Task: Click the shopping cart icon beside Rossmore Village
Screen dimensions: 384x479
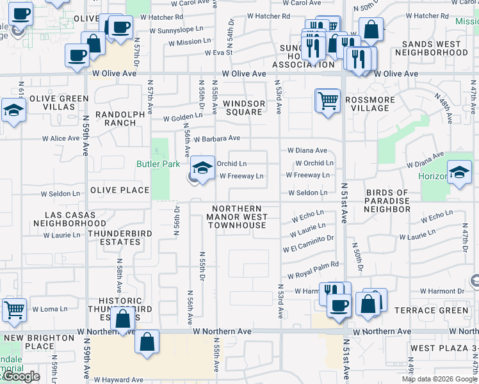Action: pos(327,100)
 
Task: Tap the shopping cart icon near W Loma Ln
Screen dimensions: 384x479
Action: pos(14,310)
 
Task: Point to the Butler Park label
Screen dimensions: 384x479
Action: pos(158,164)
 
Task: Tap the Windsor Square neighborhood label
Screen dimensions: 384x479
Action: pos(244,108)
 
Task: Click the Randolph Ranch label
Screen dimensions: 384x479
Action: pos(115,118)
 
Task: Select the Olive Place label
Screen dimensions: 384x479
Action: pos(120,190)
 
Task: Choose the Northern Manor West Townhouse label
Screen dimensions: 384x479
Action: pos(237,217)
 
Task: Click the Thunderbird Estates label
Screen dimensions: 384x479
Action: pos(115,237)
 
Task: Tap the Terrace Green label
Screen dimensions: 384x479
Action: pos(440,310)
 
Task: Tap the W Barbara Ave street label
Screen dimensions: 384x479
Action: pos(216,138)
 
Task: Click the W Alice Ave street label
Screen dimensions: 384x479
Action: pos(61,138)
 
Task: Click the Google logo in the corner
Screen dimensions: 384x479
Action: pos(22,377)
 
